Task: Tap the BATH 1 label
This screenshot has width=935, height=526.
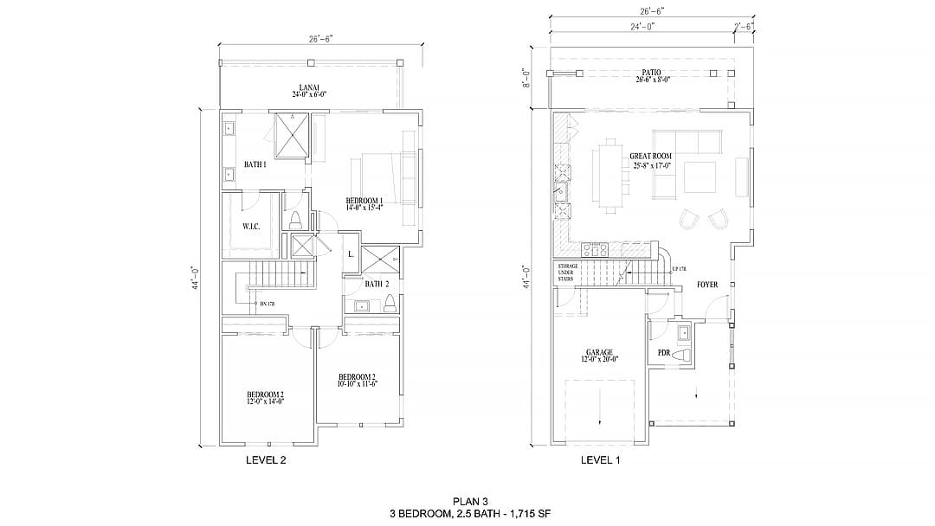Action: point(255,164)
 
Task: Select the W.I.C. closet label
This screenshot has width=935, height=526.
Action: point(251,226)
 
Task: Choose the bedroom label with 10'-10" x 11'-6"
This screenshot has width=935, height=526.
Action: point(357,380)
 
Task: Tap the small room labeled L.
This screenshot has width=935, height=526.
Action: point(350,253)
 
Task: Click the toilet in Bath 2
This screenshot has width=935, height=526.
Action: point(390,303)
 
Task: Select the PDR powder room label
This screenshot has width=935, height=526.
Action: point(664,353)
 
